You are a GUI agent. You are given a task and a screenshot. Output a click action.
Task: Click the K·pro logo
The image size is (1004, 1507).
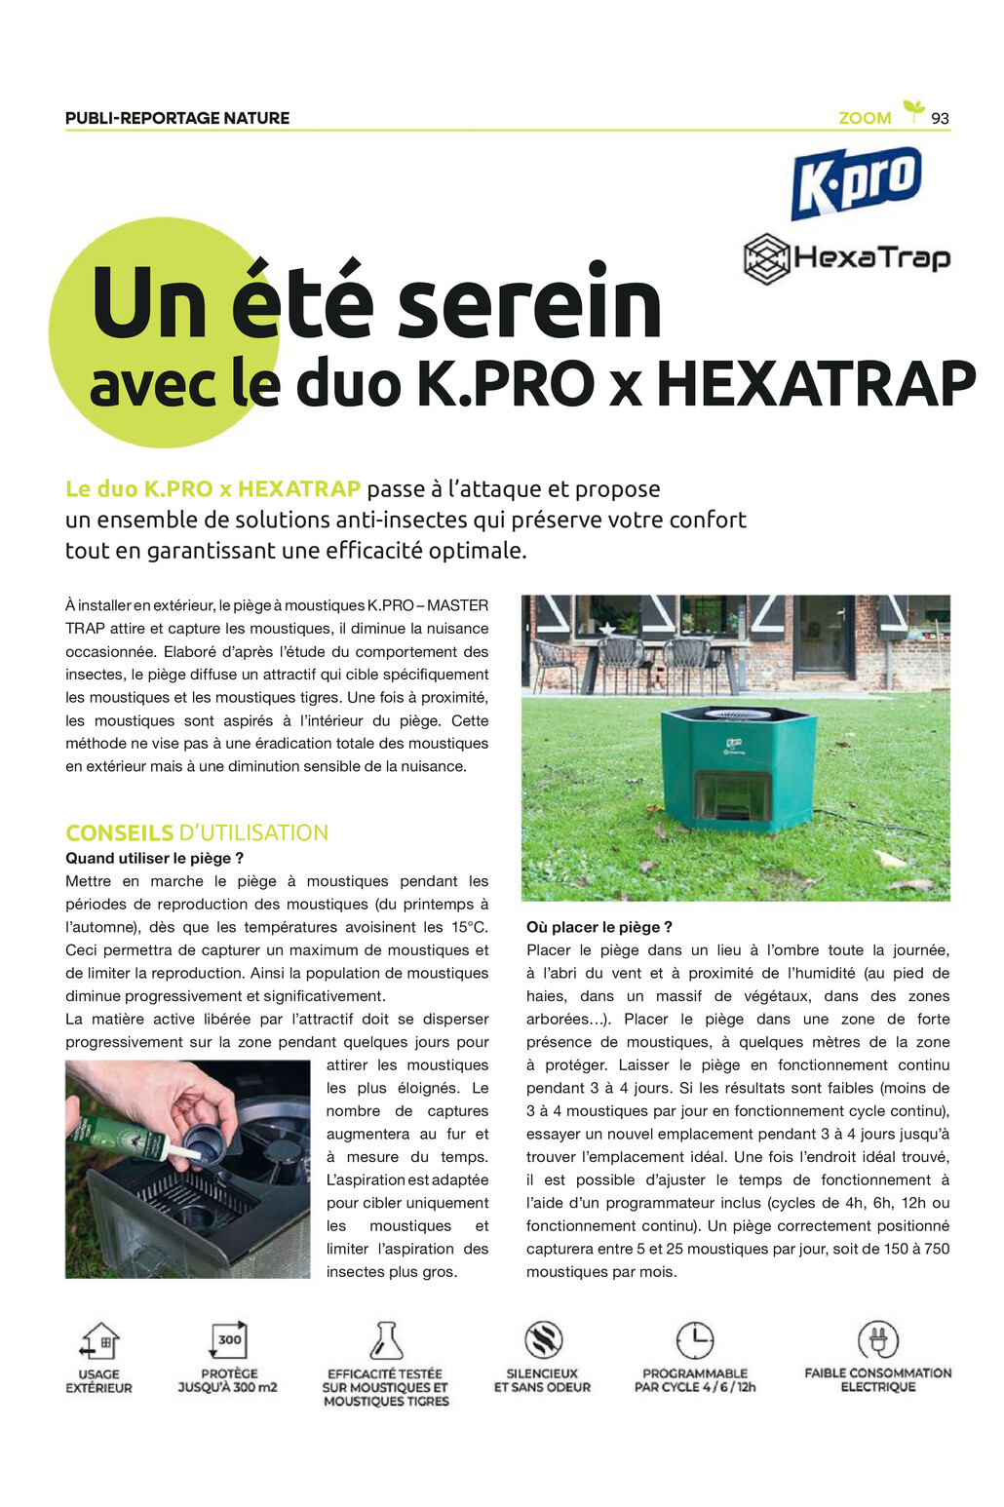pos(856,182)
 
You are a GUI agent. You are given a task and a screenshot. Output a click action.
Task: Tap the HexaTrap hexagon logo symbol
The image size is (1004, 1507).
pos(766,259)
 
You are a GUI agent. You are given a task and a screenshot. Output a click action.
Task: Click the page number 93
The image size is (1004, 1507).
pos(940,118)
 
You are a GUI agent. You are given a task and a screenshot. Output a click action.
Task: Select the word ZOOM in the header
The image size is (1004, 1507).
pos(865,118)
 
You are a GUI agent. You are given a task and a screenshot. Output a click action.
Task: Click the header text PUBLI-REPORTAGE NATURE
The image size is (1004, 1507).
pos(177,118)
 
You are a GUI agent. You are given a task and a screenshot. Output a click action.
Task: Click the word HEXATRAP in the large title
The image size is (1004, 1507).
pos(816,383)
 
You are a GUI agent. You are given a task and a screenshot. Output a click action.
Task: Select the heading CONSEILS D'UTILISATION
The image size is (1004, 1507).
pos(197,832)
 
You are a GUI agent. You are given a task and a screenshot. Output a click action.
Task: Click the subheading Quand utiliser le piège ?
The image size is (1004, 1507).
pos(154,858)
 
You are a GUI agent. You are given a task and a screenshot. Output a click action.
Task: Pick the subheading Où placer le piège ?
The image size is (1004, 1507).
pos(599,927)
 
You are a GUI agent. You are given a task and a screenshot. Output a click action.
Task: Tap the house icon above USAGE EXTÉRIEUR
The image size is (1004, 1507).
pos(99,1341)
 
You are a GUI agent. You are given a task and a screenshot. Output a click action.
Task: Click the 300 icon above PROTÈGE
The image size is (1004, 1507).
pos(228,1340)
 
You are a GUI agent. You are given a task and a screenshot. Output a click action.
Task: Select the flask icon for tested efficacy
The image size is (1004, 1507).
pos(386,1340)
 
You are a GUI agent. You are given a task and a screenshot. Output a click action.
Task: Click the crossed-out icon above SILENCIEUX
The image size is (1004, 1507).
pos(543,1340)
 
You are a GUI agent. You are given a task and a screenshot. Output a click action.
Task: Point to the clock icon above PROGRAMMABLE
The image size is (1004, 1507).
pos(695,1340)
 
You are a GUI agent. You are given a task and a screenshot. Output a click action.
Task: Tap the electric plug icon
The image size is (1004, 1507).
pos(877,1340)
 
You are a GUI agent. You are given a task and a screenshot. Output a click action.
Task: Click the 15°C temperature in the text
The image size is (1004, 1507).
pos(469,927)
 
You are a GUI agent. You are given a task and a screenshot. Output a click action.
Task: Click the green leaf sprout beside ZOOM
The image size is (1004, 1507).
pos(913,110)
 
